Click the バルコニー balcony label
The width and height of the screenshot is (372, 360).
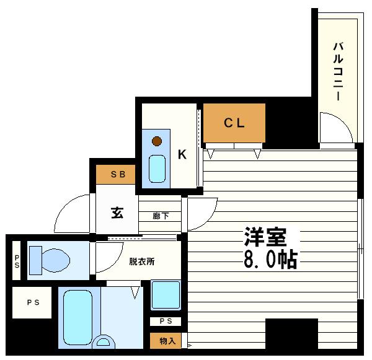[x=338, y=72]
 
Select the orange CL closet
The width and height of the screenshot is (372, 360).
[x=234, y=123]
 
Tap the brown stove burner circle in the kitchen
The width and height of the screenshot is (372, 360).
[x=157, y=141]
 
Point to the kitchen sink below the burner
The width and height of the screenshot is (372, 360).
[x=157, y=168]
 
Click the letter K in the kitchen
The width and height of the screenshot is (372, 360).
[x=182, y=154]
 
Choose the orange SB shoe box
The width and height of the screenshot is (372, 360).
[x=118, y=175]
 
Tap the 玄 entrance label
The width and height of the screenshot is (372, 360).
[x=117, y=213]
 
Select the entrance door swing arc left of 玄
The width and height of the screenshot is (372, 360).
[x=71, y=214]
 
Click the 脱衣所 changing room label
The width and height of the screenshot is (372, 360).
[x=142, y=261]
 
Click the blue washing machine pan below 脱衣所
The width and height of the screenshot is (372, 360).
[x=166, y=296]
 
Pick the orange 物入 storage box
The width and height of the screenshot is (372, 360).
[x=166, y=340]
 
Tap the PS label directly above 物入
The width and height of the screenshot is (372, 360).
[x=166, y=322]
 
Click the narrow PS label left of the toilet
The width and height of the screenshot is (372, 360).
[x=16, y=260]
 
